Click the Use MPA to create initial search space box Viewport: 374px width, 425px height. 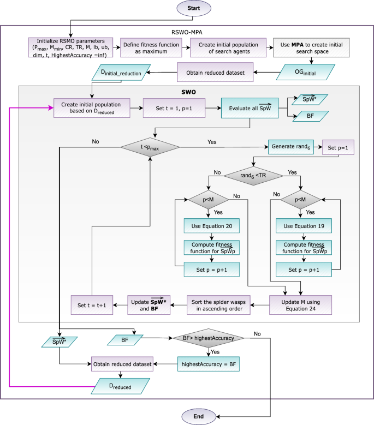coord(308,47)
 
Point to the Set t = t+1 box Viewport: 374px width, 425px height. coord(92,304)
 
